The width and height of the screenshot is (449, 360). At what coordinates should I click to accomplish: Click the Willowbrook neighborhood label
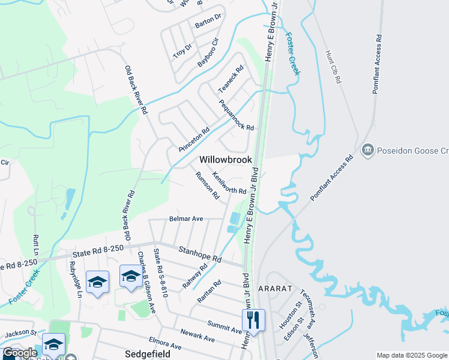click(x=225, y=160)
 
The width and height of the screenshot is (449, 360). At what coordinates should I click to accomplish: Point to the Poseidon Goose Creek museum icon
click(x=367, y=149)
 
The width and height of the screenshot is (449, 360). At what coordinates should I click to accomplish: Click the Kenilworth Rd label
click(x=229, y=183)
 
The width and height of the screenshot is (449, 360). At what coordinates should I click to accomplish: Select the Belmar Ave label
click(x=186, y=219)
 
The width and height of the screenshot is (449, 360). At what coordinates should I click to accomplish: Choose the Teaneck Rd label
click(x=231, y=79)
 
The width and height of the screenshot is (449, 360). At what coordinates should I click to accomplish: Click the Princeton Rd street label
click(x=194, y=139)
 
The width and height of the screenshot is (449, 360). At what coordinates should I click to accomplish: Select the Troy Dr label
click(x=182, y=50)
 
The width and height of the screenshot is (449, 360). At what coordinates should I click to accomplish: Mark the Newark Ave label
click(x=197, y=335)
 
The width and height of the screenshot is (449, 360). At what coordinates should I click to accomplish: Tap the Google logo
click(x=20, y=353)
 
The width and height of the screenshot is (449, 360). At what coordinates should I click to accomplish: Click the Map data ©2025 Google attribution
click(x=411, y=355)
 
